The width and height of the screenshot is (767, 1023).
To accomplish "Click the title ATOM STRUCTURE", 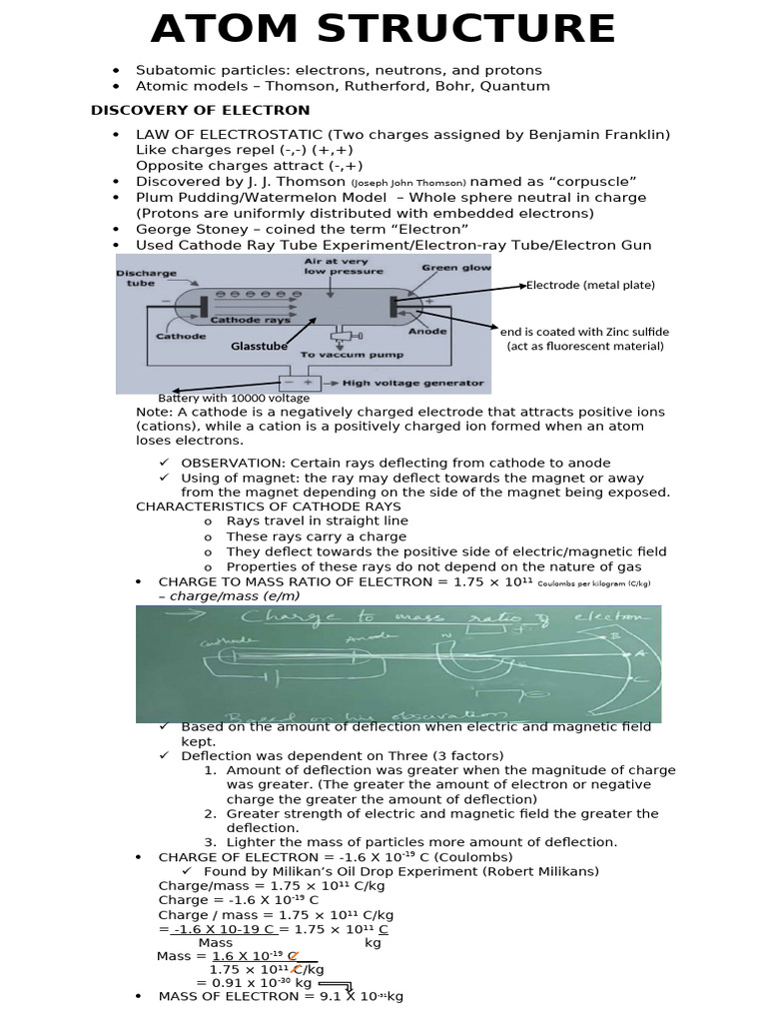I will click(x=383, y=29).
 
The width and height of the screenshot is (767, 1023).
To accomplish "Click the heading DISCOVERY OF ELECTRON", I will click(x=201, y=110).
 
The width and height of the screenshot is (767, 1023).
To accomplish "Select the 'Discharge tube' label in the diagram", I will click(x=146, y=278).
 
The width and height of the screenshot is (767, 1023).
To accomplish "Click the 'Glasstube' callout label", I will click(x=259, y=346).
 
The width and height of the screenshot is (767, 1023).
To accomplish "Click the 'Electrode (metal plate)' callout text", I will click(x=590, y=285).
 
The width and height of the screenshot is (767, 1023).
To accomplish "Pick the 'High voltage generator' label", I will click(x=412, y=382).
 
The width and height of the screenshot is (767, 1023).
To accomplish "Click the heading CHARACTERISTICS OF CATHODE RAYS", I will click(x=268, y=506).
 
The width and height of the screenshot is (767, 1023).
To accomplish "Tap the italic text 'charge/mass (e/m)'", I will click(x=235, y=595).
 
